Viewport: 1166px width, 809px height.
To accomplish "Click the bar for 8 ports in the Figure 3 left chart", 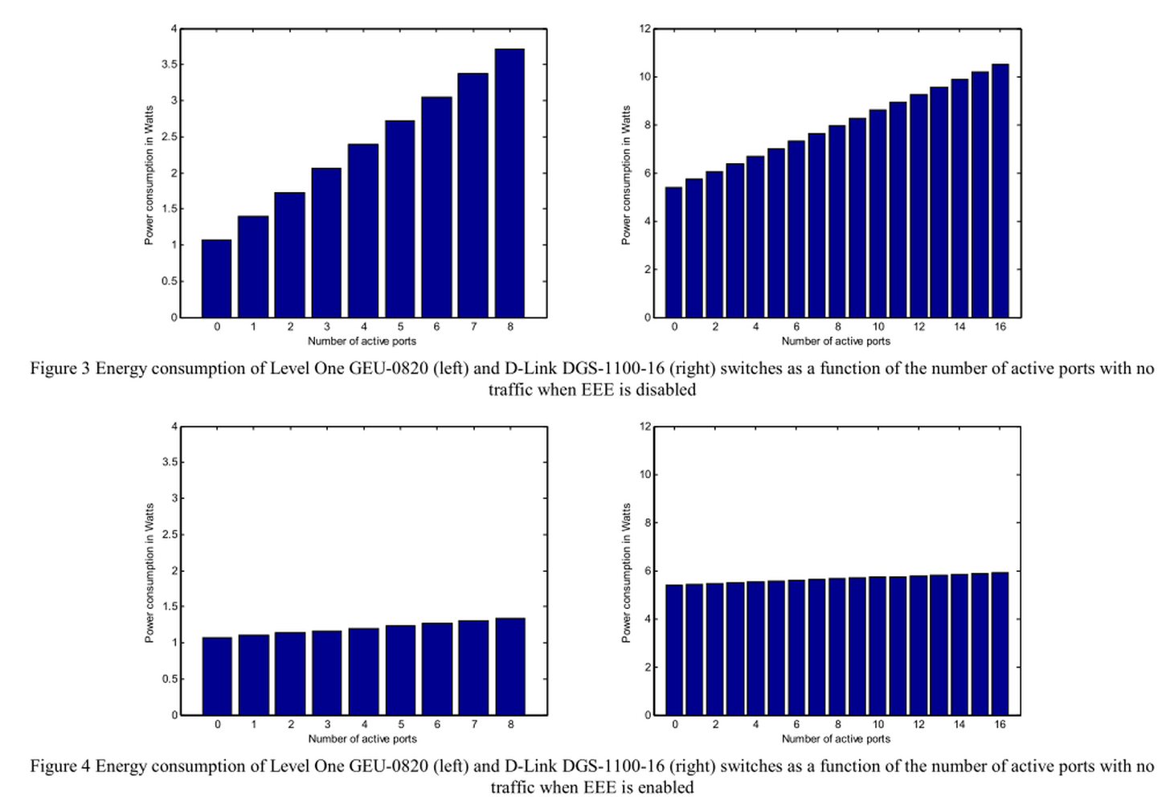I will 509,183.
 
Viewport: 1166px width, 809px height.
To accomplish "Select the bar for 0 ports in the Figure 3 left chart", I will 216,278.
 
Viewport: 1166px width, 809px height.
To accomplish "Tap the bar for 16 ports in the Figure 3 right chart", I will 1000,190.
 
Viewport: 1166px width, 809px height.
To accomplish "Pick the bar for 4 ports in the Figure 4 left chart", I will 364,672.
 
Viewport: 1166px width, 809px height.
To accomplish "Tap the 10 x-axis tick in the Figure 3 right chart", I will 878,327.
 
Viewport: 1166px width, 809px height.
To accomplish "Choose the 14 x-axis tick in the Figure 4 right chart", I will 959,725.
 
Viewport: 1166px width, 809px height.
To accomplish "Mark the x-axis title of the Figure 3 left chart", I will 362,341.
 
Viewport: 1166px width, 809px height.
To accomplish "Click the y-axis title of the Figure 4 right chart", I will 627,573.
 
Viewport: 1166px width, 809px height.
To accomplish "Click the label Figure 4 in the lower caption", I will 60,766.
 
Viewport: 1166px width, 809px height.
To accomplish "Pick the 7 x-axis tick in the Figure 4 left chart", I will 474,725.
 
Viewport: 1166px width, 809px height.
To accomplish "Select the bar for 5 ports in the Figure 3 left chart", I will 400,219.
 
